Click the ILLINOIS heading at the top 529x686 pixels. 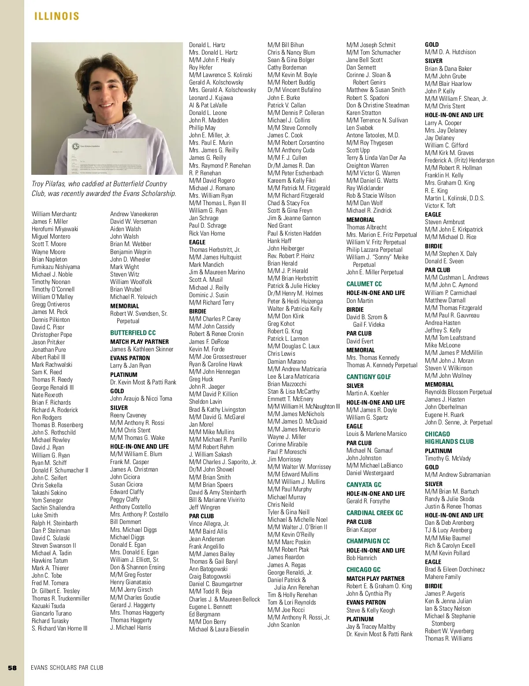point(57,16)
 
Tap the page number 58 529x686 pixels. point(12,668)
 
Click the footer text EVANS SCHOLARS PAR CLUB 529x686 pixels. point(67,668)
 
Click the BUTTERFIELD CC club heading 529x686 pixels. point(133,333)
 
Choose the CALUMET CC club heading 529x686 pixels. point(364,284)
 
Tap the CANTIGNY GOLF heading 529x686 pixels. point(369,377)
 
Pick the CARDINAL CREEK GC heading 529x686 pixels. point(375,513)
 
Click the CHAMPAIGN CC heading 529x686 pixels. point(368,541)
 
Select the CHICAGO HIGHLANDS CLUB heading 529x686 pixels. point(449,438)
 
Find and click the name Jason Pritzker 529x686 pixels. point(48,342)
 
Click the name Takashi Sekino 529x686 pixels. point(49,493)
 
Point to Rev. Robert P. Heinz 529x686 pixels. point(291,256)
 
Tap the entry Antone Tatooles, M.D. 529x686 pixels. point(373,135)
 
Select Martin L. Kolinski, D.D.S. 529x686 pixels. point(454,198)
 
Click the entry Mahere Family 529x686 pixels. point(443,577)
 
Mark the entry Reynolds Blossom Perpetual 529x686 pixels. point(458,392)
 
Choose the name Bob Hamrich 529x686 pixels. point(361,558)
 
